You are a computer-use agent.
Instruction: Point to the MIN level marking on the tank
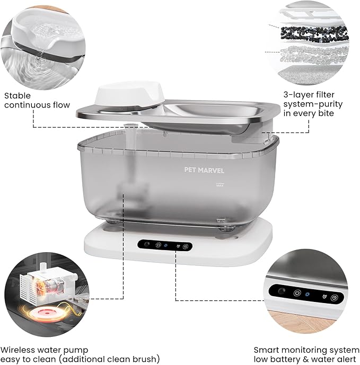coord(221,218)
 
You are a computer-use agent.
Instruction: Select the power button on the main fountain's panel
coord(157,245)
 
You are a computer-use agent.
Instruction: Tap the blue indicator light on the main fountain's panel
coord(166,245)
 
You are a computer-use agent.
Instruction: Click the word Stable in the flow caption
coord(17,96)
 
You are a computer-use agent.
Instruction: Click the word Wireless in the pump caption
coord(21,350)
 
